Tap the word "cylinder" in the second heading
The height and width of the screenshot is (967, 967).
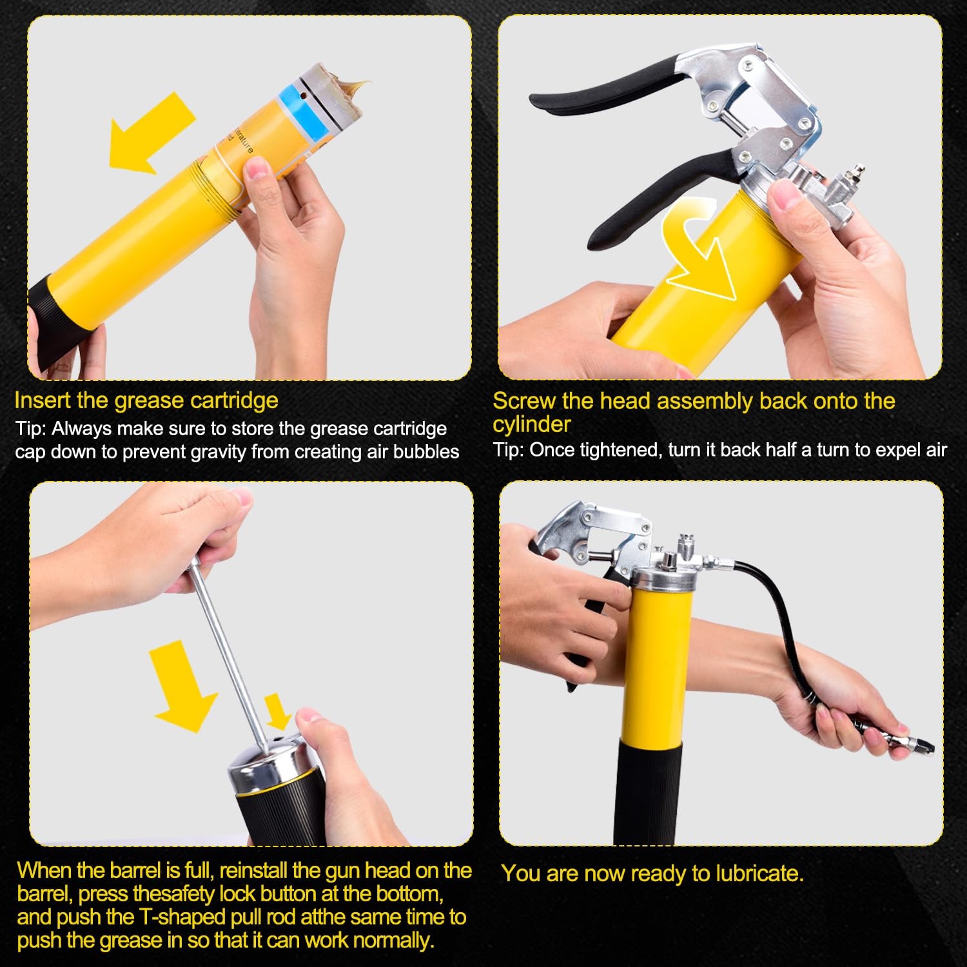pos(532,424)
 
